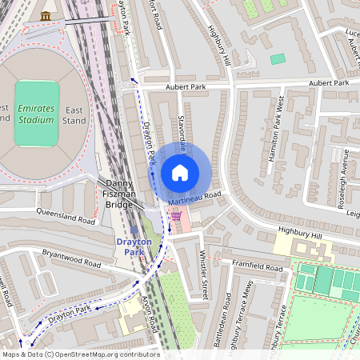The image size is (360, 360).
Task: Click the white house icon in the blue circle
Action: point(180,173)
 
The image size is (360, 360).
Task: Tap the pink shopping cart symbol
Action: point(175,215)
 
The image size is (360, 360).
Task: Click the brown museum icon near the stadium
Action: point(46,16)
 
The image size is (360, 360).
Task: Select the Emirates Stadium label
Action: point(36,114)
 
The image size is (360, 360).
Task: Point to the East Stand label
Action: point(74,114)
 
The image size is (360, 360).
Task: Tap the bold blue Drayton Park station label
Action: point(134,246)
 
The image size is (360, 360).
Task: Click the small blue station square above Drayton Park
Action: point(134,230)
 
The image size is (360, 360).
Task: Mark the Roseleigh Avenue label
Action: point(342,177)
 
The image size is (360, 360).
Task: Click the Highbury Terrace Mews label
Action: point(255,324)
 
